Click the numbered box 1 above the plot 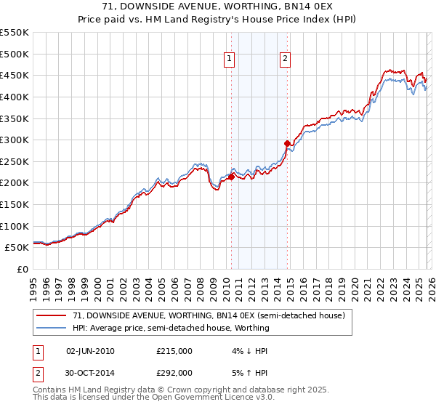click(x=230, y=60)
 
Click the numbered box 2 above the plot click(x=285, y=60)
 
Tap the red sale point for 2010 click(x=231, y=176)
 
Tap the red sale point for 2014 click(x=287, y=143)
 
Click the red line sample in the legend click(x=51, y=315)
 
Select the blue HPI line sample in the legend click(x=51, y=328)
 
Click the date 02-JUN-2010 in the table click(x=90, y=351)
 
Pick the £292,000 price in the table click(x=174, y=373)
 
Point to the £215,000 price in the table click(x=174, y=351)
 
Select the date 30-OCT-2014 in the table click(x=91, y=373)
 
